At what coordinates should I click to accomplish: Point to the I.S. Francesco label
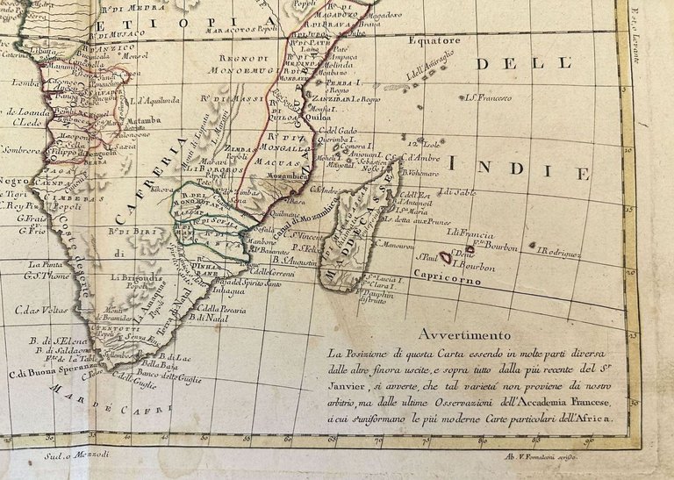[488, 97]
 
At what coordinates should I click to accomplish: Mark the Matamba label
[143, 120]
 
